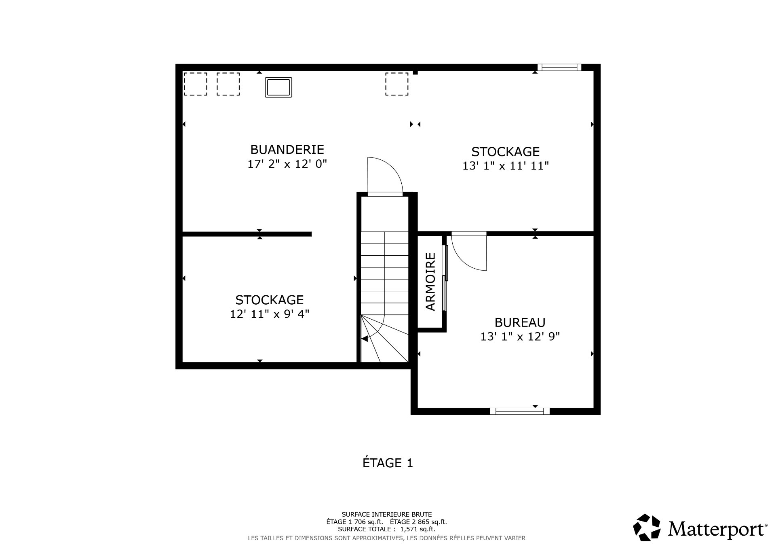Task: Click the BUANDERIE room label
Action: (x=287, y=150)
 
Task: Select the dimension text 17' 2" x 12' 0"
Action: (x=287, y=164)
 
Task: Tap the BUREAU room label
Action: (x=520, y=322)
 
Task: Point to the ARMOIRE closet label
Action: (x=431, y=282)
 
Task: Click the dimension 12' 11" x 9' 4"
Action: (x=270, y=314)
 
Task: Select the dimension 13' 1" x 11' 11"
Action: (x=506, y=166)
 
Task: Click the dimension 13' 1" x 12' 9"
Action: (x=520, y=337)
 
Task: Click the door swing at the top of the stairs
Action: (x=384, y=176)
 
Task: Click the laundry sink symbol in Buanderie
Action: (x=278, y=87)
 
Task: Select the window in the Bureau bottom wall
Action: (x=520, y=411)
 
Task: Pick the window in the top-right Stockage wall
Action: (x=559, y=67)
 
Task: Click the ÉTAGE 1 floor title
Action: (x=388, y=463)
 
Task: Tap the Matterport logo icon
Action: (x=646, y=527)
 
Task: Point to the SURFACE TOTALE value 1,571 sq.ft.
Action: (x=417, y=529)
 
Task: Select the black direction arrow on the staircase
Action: (x=365, y=339)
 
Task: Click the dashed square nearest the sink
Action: (x=228, y=84)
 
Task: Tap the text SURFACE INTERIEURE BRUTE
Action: (x=386, y=515)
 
